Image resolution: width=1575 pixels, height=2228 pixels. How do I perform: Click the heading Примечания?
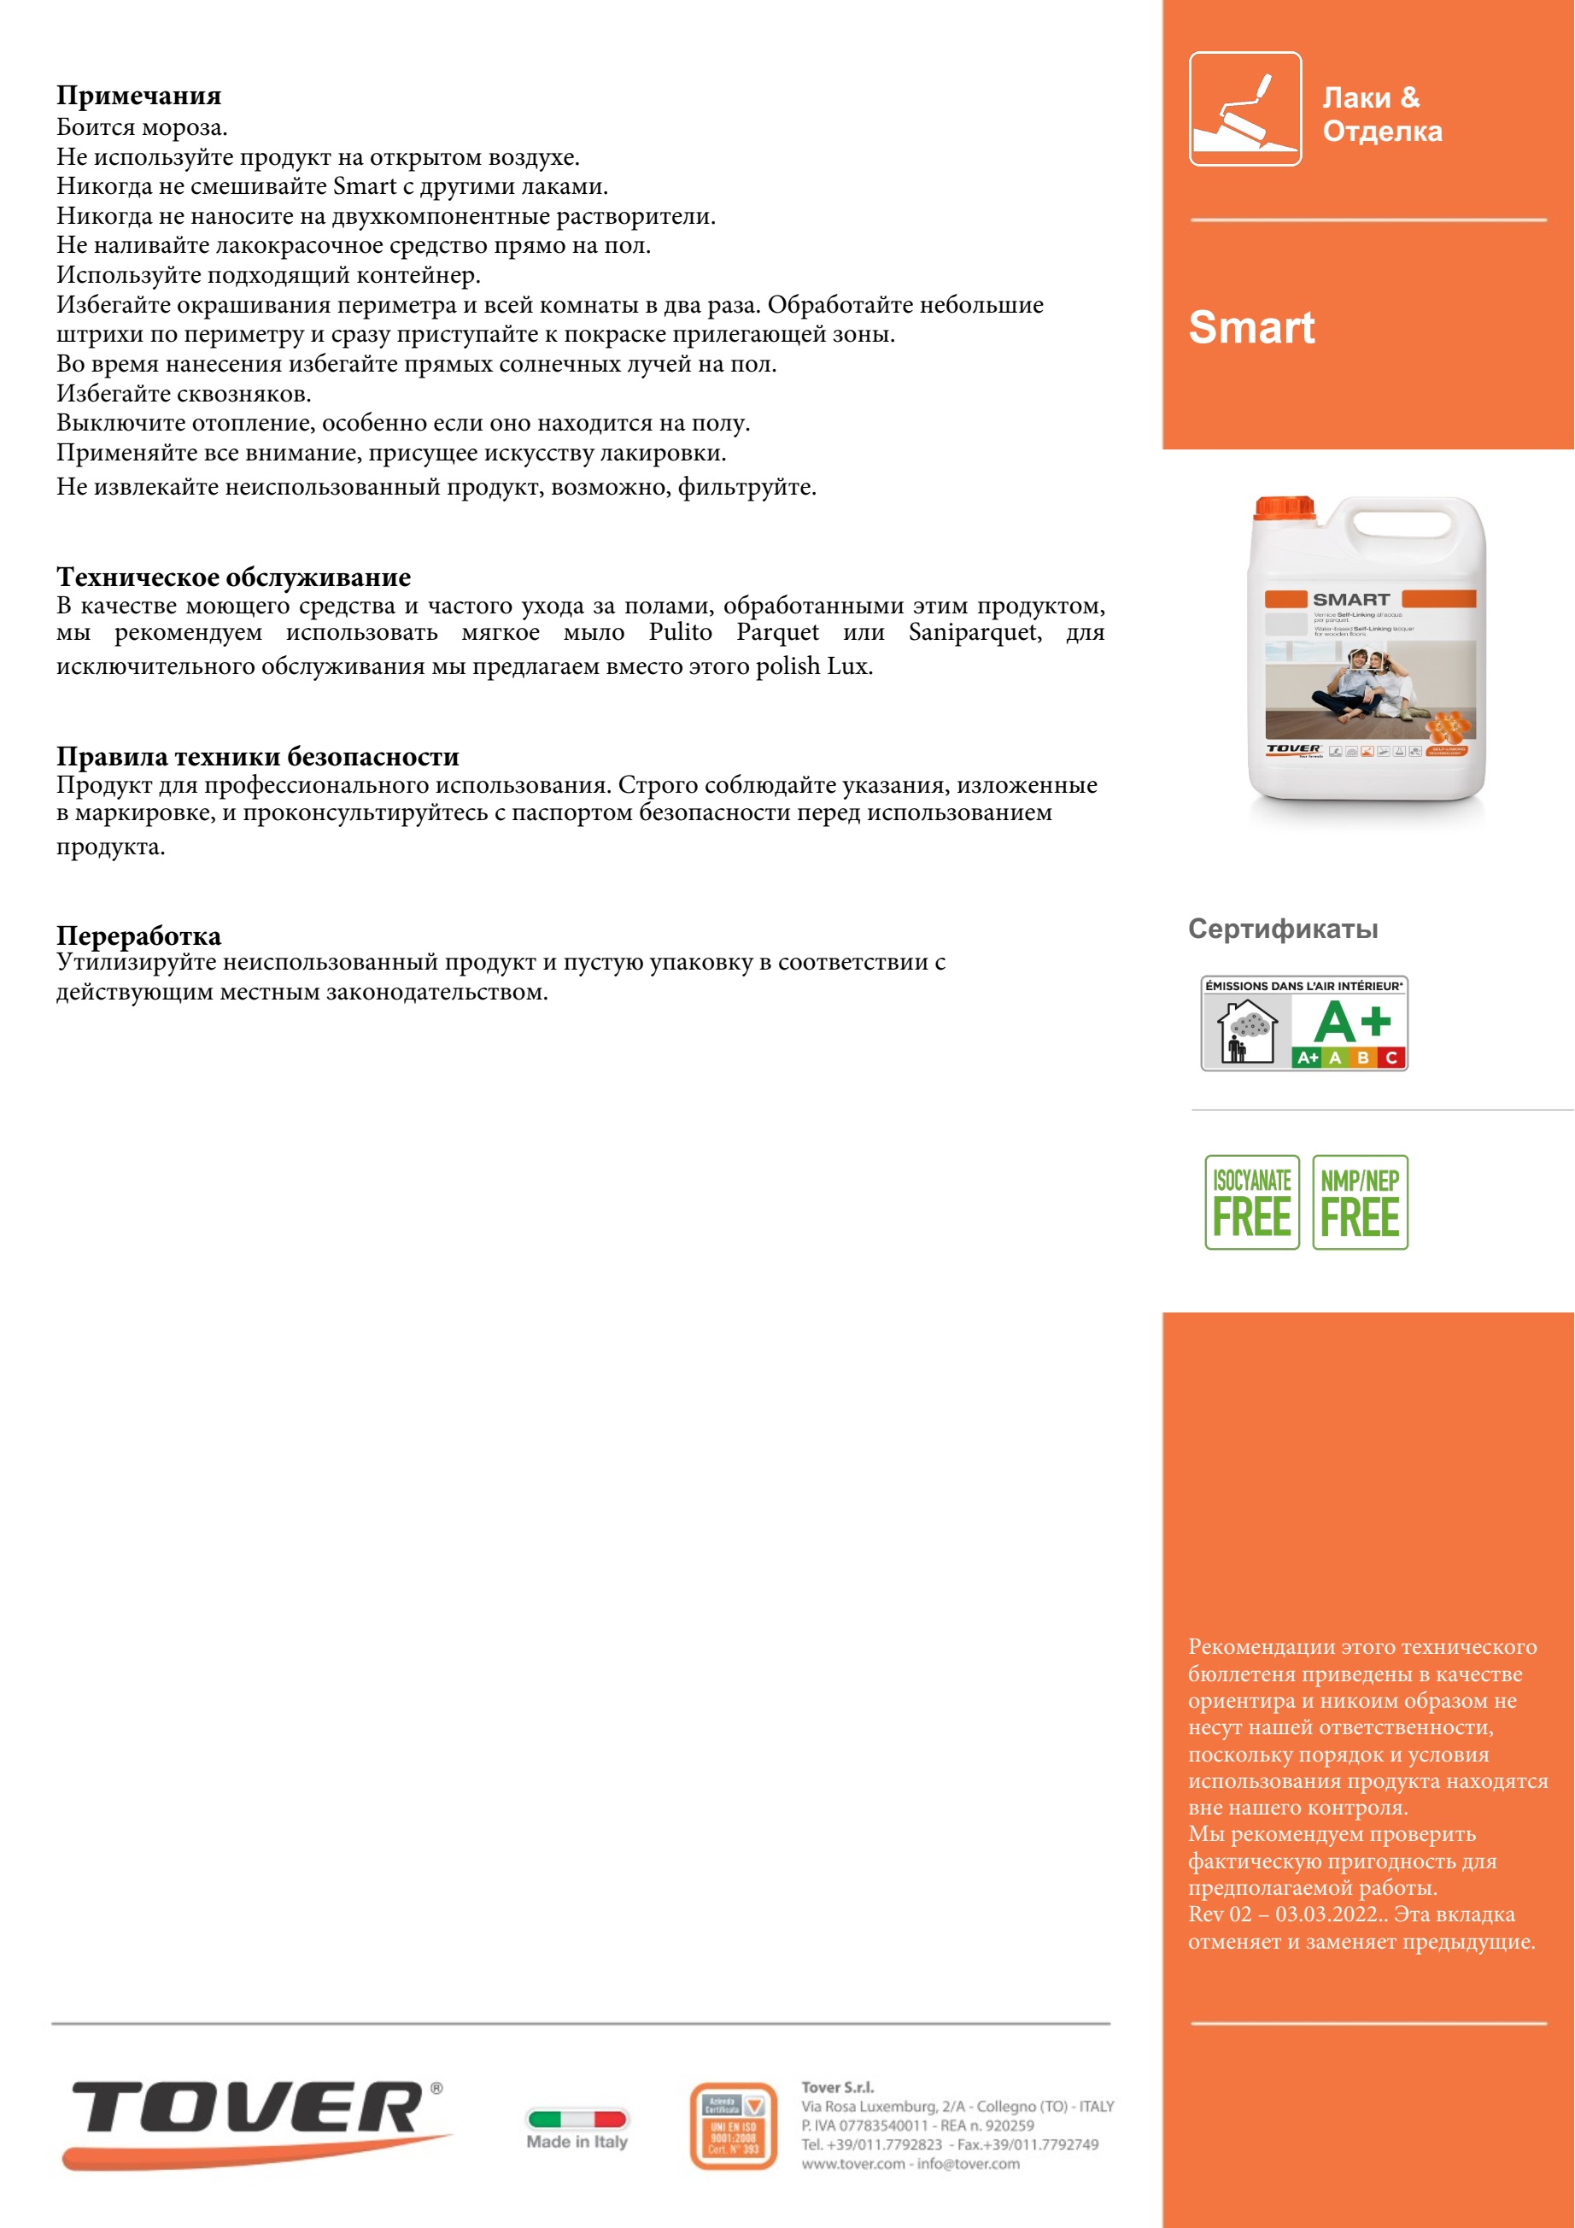coord(138,95)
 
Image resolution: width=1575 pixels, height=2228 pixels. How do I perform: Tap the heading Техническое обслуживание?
coord(233,578)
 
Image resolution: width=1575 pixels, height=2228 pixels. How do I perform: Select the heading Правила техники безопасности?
coord(257,756)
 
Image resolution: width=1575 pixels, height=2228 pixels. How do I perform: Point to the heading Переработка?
coord(138,935)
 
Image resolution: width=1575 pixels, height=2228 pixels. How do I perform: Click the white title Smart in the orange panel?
coord(1251,327)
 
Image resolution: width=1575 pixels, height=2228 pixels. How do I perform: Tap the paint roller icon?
coord(1245,108)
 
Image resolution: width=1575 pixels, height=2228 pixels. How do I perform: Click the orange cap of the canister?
coord(1283,507)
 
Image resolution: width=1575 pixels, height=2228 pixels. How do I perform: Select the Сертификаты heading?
coord(1283,929)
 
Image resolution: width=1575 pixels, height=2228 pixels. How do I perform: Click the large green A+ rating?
coord(1352,1022)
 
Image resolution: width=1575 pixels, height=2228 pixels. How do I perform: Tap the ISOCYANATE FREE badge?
coord(1252,1202)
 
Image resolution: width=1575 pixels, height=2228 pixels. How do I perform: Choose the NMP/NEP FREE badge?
coord(1360,1202)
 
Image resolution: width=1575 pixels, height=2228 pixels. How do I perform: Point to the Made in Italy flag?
coord(577,2119)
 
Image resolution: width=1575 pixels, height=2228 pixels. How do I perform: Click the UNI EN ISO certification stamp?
coord(734,2125)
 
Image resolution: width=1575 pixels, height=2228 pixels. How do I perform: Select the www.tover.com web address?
coord(853,2163)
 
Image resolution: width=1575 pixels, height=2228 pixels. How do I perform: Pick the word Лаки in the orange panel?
coord(1356,98)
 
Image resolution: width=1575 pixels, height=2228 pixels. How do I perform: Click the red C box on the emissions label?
coord(1391,1058)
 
